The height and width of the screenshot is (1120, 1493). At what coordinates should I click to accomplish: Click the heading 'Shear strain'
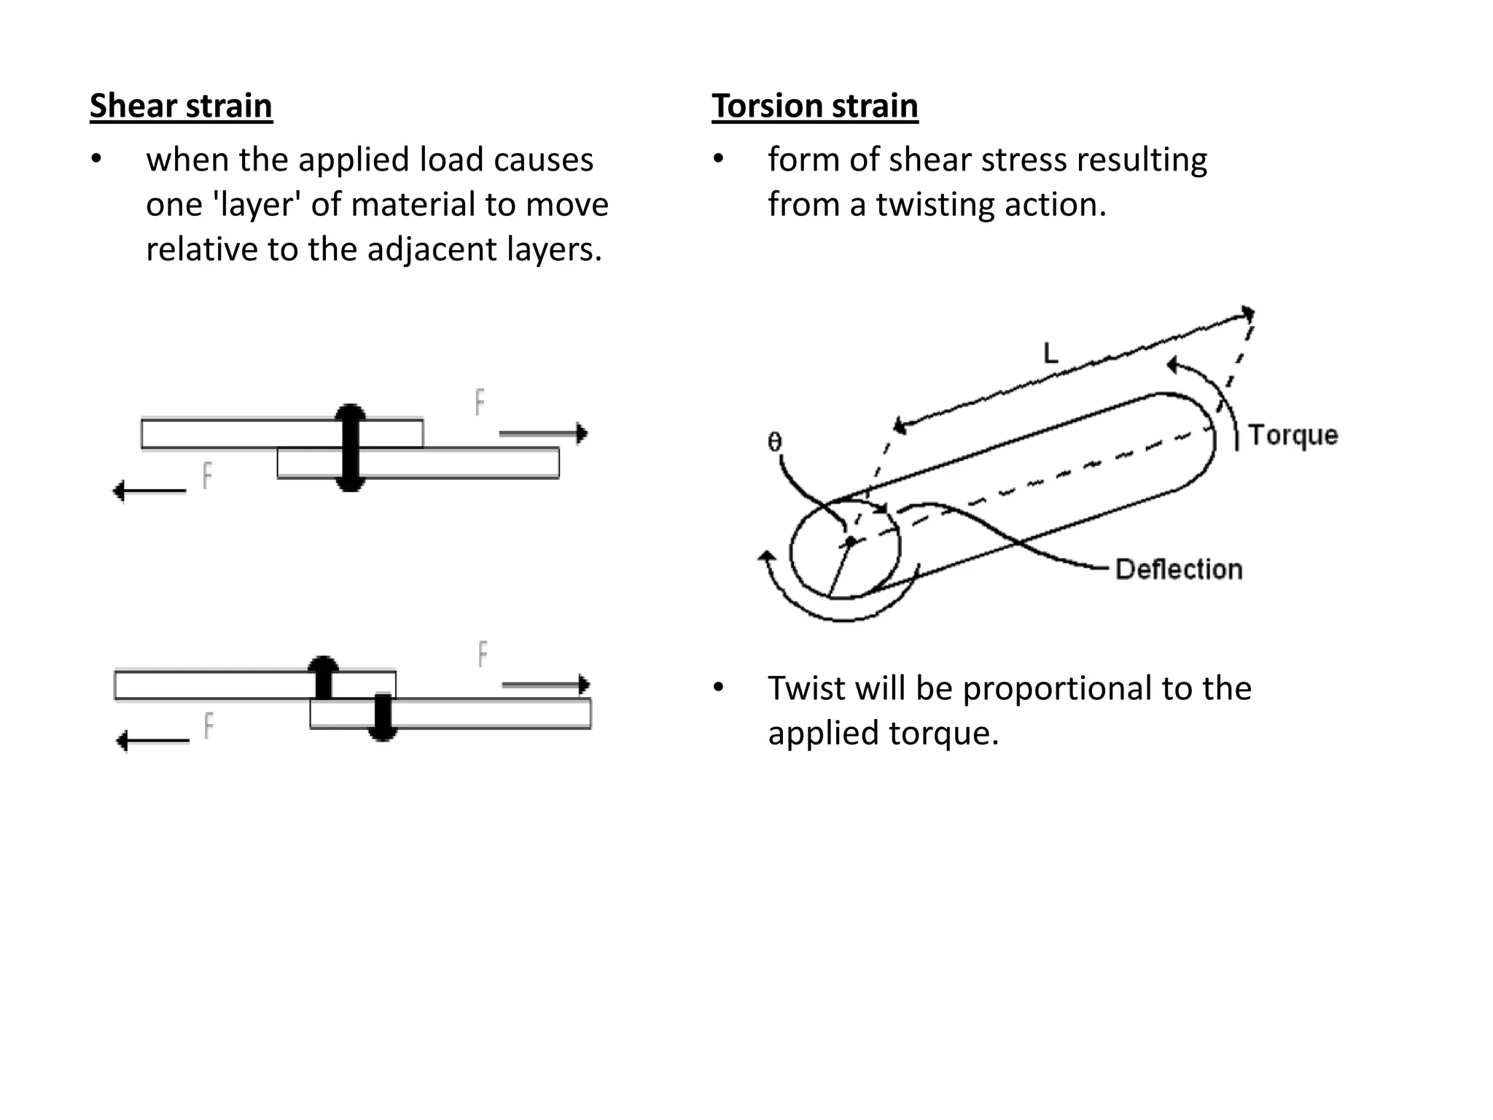pos(181,106)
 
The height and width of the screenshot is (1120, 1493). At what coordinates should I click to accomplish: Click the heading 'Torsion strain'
pos(814,106)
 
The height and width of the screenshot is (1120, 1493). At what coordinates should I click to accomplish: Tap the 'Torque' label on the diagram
pos(1293,435)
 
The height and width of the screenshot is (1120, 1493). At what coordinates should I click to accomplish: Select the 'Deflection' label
pos(1178,569)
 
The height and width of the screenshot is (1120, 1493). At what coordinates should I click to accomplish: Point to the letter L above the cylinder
pos(1050,354)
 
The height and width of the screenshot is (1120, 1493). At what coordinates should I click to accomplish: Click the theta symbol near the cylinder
pos(774,442)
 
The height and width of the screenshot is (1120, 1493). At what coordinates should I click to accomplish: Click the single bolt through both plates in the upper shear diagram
pos(351,448)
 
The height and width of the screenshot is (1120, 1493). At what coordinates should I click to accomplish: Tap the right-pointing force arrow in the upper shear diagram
pos(543,434)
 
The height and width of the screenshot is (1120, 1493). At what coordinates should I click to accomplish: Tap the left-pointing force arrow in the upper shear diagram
pos(149,491)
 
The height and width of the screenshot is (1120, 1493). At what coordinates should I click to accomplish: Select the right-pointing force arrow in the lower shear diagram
pos(545,685)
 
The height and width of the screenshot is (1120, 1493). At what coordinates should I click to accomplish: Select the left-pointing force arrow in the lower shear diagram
pos(152,742)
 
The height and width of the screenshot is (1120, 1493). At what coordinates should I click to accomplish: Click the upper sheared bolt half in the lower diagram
pos(323,676)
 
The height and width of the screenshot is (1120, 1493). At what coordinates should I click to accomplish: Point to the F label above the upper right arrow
pos(480,402)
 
